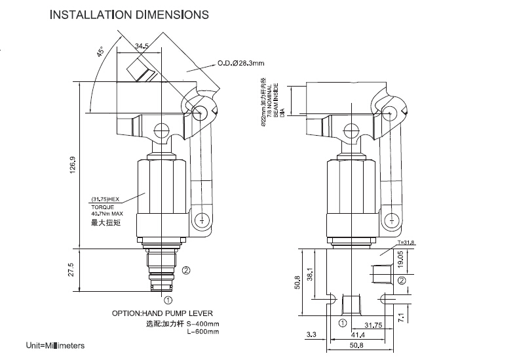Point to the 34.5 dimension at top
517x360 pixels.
point(141,46)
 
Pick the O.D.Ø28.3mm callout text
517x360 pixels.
point(241,64)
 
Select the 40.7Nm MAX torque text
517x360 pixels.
point(107,213)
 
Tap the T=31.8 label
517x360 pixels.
point(406,243)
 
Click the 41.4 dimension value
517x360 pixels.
point(359,335)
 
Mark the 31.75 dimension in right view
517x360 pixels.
point(373,325)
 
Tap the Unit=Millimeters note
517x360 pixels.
point(55,345)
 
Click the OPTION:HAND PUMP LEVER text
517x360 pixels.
point(163,313)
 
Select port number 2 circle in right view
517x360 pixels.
point(401,281)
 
